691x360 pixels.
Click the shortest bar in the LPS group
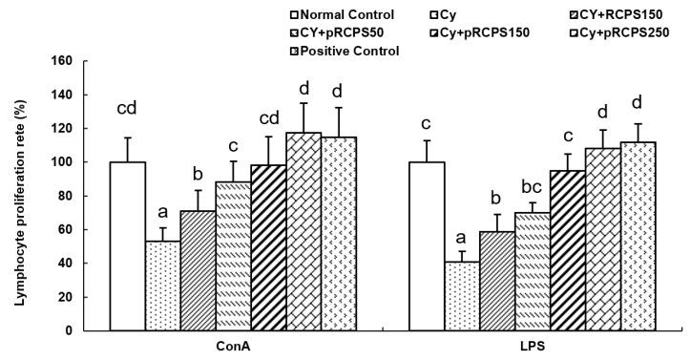pyautogui.click(x=462, y=296)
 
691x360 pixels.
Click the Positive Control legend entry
pyautogui.click(x=348, y=51)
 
